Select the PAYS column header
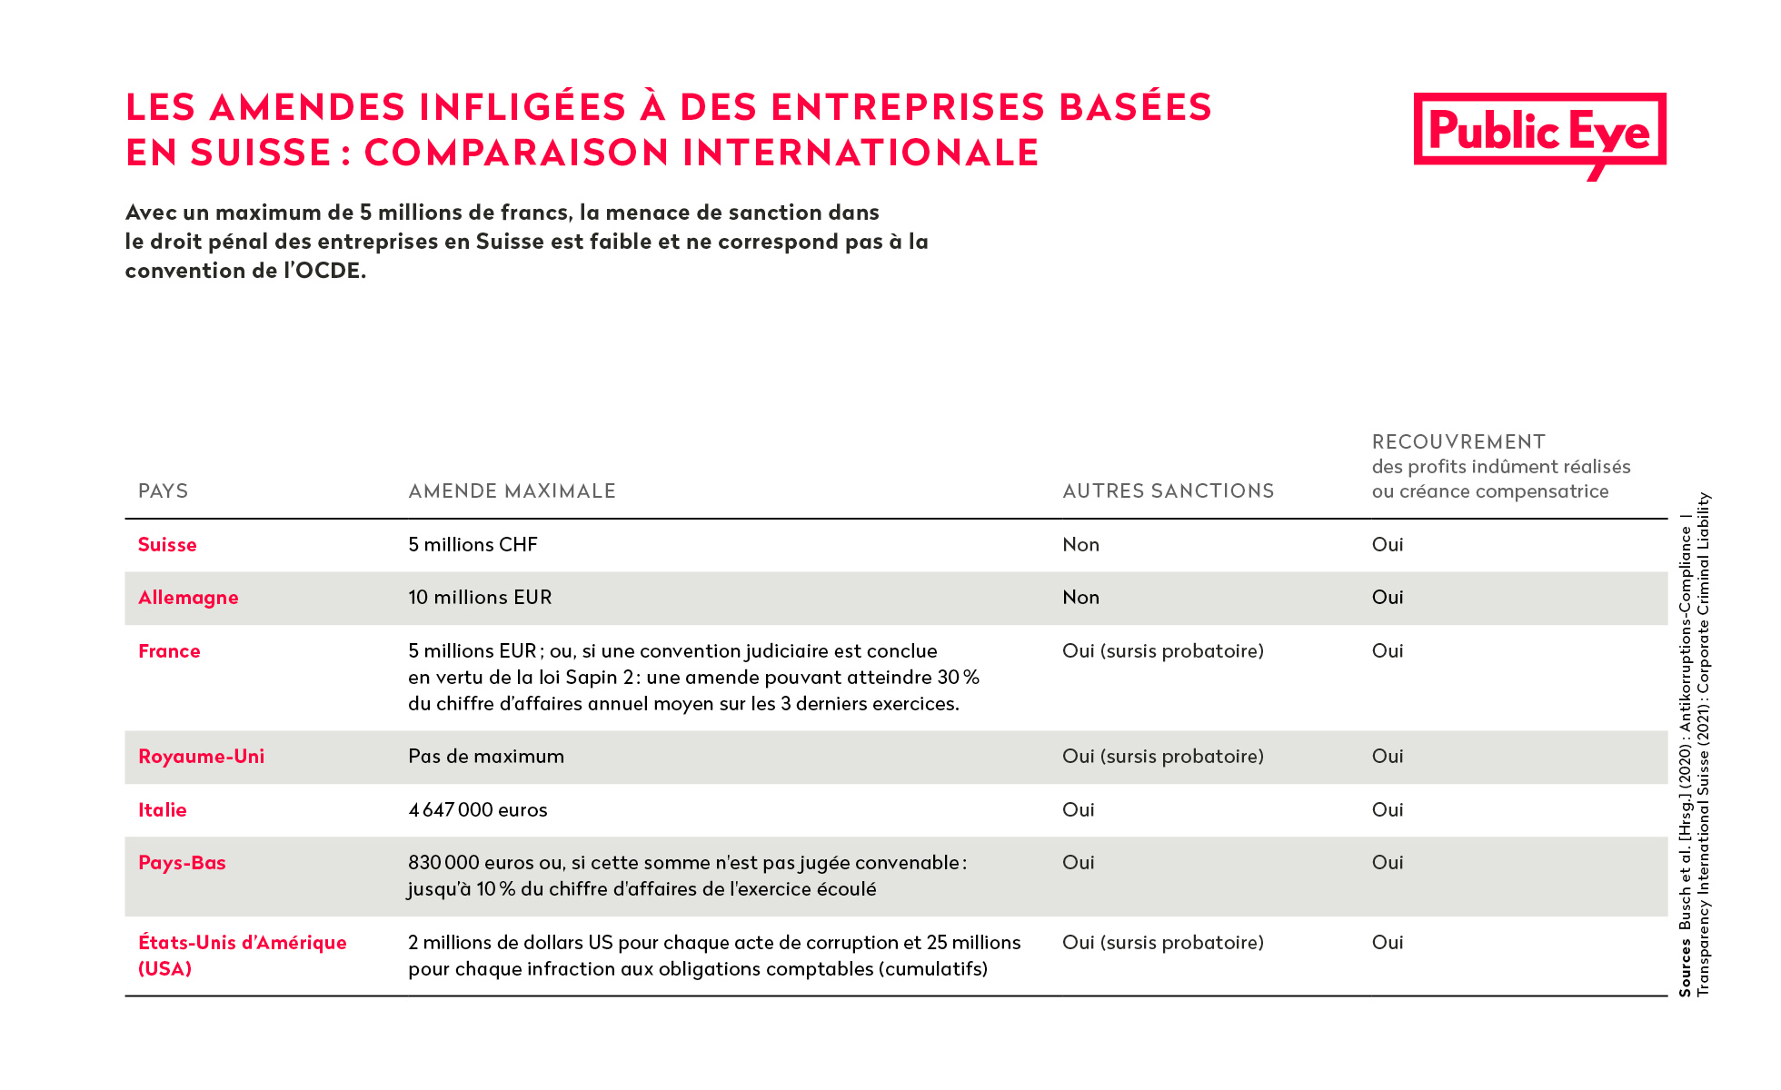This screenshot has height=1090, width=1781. [x=164, y=491]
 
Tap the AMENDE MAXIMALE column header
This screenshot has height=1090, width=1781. [x=512, y=491]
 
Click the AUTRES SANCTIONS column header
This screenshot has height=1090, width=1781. [x=1169, y=491]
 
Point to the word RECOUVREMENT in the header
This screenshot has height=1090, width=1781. [x=1458, y=442]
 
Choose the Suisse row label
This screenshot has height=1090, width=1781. [x=167, y=545]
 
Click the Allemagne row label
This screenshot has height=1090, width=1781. [x=188, y=598]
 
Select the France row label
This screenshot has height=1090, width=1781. [x=169, y=651]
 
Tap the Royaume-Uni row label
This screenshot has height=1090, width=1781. [x=201, y=757]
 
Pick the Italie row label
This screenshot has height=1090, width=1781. [x=163, y=810]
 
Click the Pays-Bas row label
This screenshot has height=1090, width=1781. [x=182, y=863]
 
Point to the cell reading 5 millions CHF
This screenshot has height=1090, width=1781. [x=473, y=545]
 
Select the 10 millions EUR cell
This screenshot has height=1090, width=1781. [x=480, y=598]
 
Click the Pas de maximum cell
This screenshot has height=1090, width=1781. [x=486, y=757]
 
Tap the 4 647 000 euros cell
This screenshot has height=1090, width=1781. [x=478, y=810]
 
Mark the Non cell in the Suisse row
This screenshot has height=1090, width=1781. [x=1081, y=545]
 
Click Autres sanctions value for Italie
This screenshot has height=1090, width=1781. [x=1079, y=810]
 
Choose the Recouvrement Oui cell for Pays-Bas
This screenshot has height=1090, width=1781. [x=1388, y=863]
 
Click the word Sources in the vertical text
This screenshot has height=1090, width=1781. [x=1686, y=968]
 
